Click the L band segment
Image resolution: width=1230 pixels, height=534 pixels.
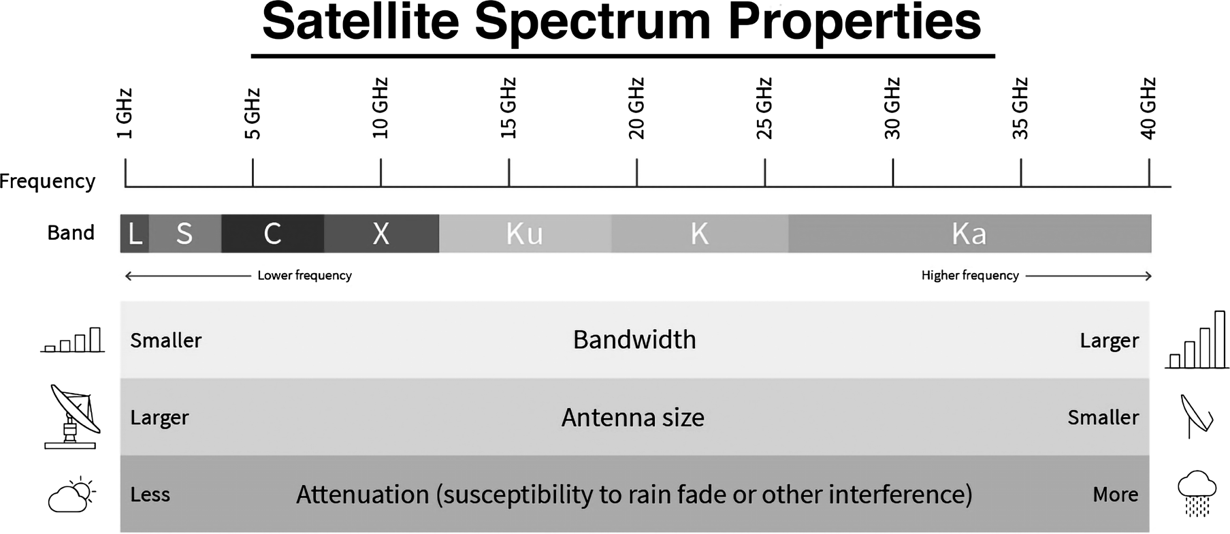point(135,234)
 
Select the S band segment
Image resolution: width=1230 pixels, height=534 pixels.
point(185,234)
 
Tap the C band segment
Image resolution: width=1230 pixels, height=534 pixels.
point(273,234)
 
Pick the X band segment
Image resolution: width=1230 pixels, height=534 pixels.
point(382,234)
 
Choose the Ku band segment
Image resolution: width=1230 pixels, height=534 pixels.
point(525,234)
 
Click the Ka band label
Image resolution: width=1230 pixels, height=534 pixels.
point(969,234)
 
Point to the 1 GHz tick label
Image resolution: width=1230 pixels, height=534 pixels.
point(124,114)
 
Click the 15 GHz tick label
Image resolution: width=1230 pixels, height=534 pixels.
point(508,108)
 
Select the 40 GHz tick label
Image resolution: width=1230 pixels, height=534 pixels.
point(1148,108)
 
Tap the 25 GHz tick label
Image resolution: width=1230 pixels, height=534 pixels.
point(764,108)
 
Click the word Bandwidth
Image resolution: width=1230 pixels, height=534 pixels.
point(634,340)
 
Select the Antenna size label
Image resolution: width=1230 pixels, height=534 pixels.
point(633,418)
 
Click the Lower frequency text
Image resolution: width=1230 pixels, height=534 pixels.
point(304,275)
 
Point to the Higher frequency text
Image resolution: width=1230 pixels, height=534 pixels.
point(970,275)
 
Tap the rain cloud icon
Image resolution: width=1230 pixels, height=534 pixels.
point(1197,493)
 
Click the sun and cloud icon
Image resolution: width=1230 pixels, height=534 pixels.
point(71,494)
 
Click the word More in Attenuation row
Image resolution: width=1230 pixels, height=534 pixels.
point(1115,494)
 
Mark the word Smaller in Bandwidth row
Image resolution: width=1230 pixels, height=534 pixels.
point(166,340)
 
